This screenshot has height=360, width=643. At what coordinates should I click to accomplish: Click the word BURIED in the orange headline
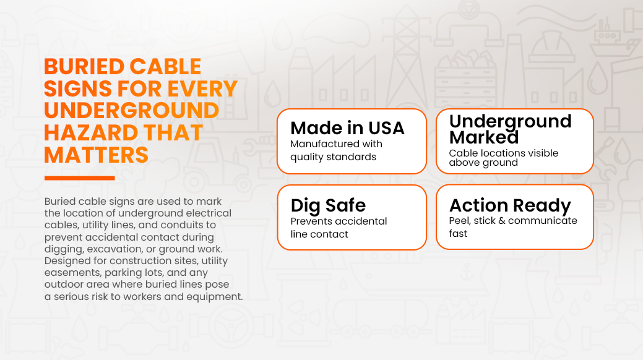pyautogui.click(x=84, y=67)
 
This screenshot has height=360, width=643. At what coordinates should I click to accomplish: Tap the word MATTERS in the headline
pyautogui.click(x=97, y=155)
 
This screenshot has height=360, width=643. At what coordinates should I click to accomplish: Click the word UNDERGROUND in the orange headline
pyautogui.click(x=132, y=111)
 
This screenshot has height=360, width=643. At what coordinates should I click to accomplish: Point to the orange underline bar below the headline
pyautogui.click(x=80, y=178)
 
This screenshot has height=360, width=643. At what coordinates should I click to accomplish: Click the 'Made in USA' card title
pyautogui.click(x=347, y=128)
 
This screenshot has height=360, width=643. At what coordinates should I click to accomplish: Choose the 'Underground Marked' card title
pyautogui.click(x=510, y=129)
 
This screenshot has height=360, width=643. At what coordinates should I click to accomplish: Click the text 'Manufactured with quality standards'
pyautogui.click(x=336, y=150)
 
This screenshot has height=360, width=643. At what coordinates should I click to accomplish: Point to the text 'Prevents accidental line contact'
pyautogui.click(x=339, y=228)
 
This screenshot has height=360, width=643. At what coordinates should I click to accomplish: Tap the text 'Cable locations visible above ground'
pyautogui.click(x=504, y=158)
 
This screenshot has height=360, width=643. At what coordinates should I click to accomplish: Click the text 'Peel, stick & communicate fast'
pyautogui.click(x=513, y=227)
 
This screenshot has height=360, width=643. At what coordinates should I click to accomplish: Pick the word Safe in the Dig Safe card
pyautogui.click(x=346, y=205)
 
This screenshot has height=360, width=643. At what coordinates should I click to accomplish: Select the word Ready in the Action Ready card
pyautogui.click(x=542, y=206)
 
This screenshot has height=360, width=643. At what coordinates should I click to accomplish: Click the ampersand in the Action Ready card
pyautogui.click(x=502, y=221)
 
